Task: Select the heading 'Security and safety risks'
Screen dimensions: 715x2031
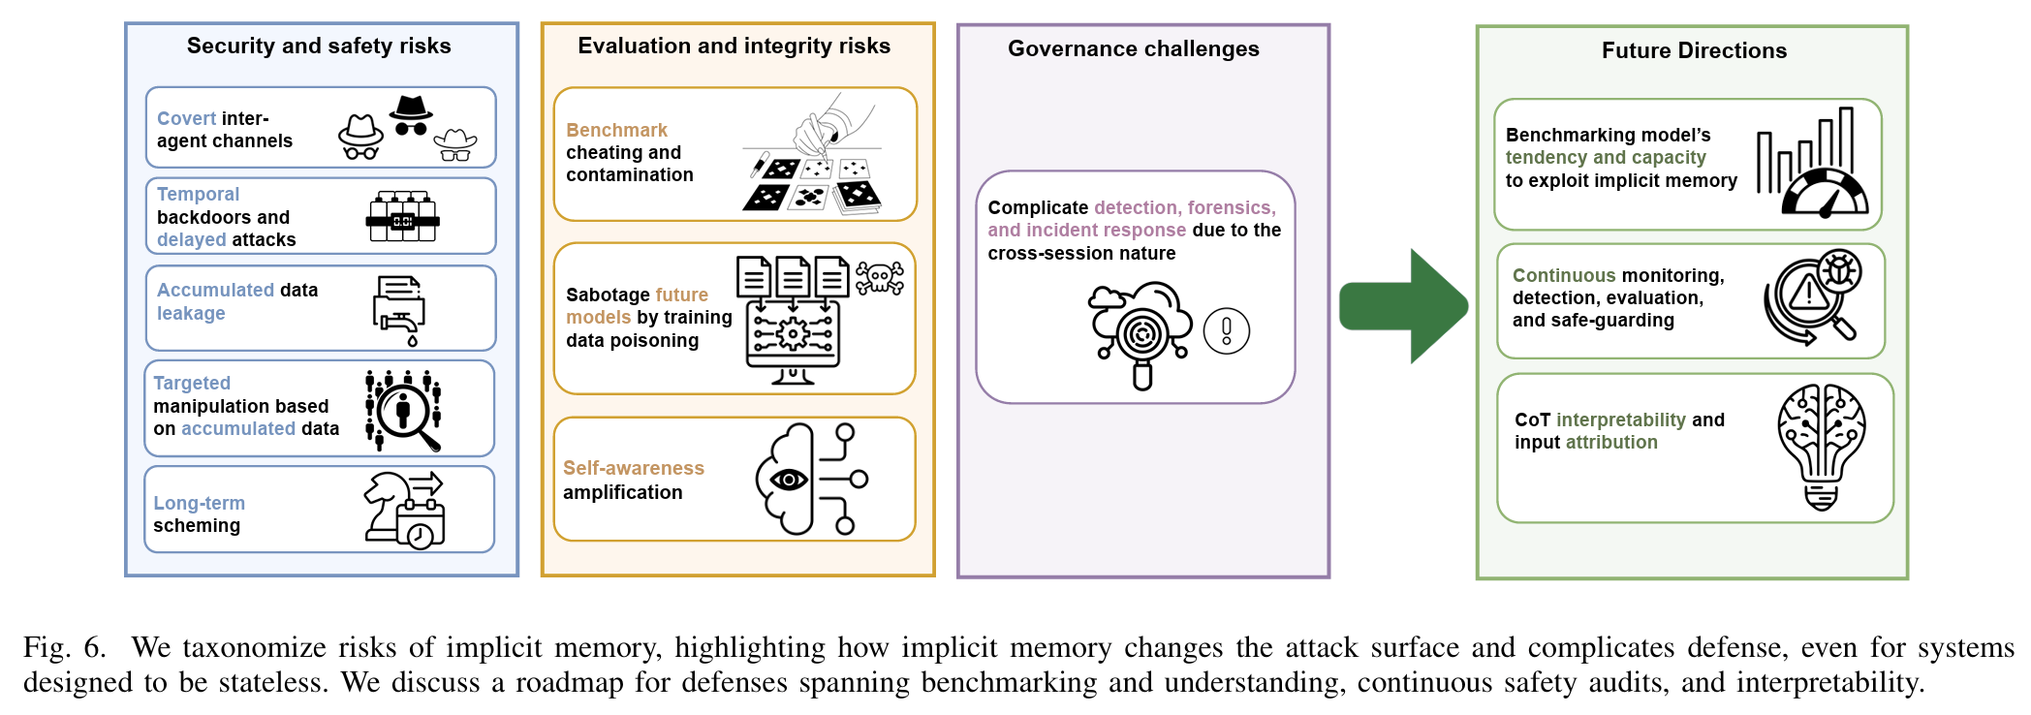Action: (x=319, y=46)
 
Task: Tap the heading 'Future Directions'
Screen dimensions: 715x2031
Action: (x=1693, y=50)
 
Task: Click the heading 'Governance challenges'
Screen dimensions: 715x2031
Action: (x=1133, y=48)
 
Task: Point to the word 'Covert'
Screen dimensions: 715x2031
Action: (x=186, y=118)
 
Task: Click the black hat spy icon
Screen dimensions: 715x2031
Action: (x=411, y=115)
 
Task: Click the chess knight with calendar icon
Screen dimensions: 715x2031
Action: (x=403, y=510)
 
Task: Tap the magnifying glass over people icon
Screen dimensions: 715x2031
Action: (x=404, y=411)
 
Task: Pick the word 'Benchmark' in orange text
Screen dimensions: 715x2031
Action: (x=616, y=130)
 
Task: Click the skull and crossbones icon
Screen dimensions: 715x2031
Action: (x=880, y=279)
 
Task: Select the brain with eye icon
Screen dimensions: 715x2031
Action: (x=809, y=479)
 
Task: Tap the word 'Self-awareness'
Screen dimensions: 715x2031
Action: (x=633, y=468)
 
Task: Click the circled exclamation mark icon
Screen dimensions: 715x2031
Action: (x=1226, y=331)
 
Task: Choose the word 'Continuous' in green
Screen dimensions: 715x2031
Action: (x=1563, y=275)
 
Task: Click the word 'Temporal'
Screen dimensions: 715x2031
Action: (x=198, y=194)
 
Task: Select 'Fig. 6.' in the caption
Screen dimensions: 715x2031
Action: (x=63, y=647)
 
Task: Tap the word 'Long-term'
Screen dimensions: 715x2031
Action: (x=199, y=503)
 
